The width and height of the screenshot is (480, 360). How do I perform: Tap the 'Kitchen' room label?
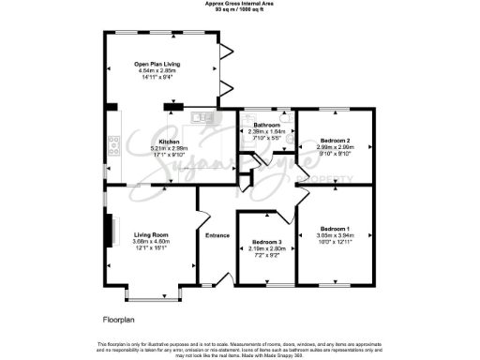[155, 142]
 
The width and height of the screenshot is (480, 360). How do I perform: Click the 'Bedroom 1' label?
[335, 230]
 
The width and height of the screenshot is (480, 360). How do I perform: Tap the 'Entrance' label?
[217, 235]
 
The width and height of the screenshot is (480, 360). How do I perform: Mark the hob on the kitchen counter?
[113, 144]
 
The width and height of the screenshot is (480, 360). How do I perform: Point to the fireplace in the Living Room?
[109, 230]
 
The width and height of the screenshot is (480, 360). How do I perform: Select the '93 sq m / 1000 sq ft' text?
[239, 9]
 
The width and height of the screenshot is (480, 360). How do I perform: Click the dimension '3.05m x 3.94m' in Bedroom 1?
[335, 236]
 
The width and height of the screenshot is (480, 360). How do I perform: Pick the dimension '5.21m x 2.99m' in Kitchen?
[155, 148]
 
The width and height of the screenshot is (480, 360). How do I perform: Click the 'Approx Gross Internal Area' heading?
[239, 4]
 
